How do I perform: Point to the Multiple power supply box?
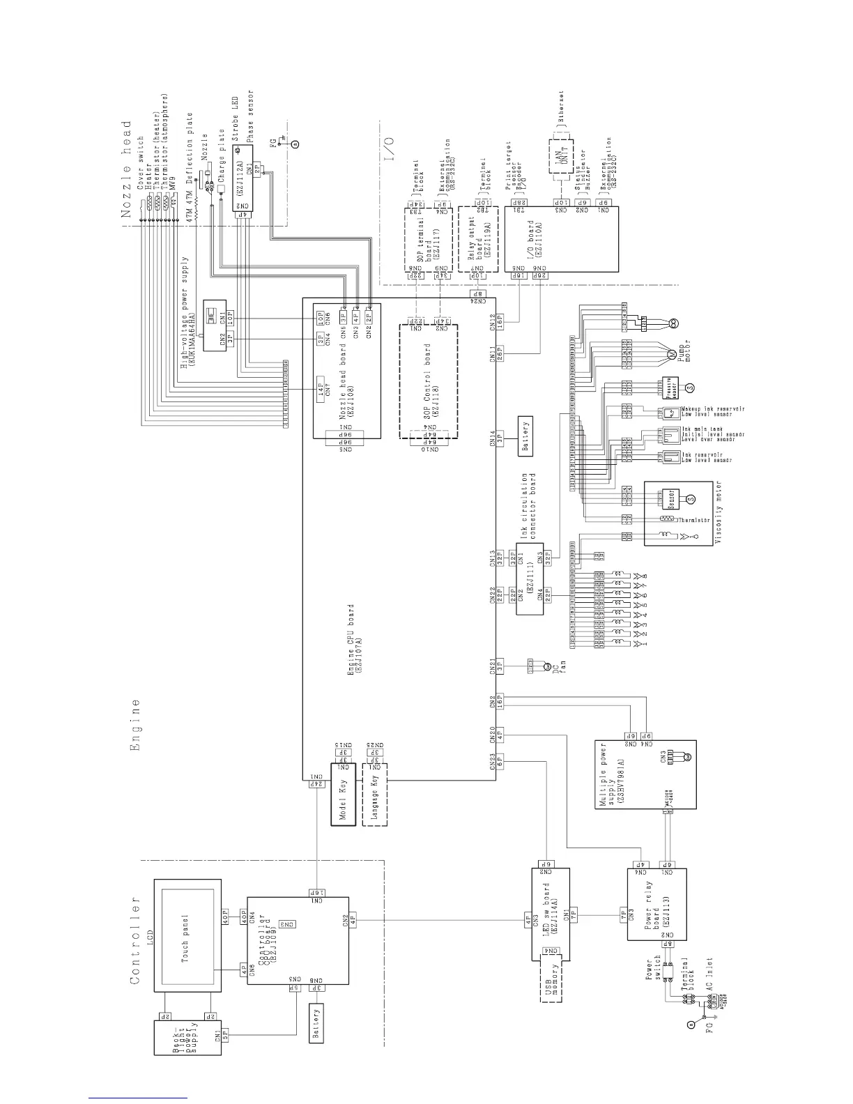645,774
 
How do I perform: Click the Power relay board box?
656,903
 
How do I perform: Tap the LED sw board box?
551,912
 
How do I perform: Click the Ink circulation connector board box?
530,589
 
